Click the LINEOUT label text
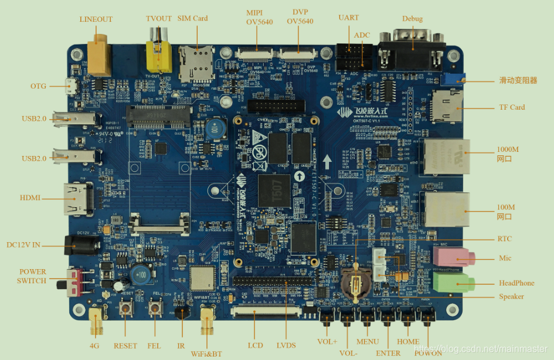pyautogui.click(x=96, y=19)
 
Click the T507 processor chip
pyautogui.click(x=274, y=190)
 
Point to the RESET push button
pyautogui.click(x=125, y=308)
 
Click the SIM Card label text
pyautogui.click(x=193, y=18)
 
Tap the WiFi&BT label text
pyautogui.click(x=206, y=354)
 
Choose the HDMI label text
pyautogui.click(x=30, y=198)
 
